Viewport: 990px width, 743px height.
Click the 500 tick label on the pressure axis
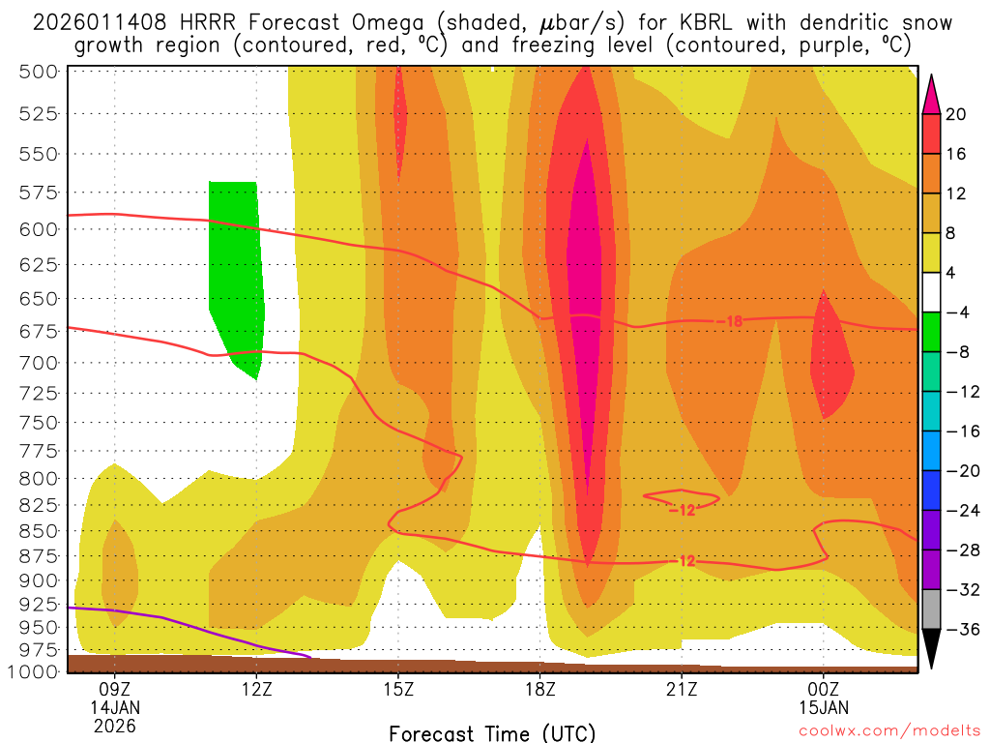pyautogui.click(x=40, y=71)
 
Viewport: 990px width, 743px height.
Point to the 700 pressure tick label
pyautogui.click(x=40, y=363)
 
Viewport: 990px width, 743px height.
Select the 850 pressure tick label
pyautogui.click(x=40, y=531)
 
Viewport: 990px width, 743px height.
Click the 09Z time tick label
pyautogui.click(x=115, y=690)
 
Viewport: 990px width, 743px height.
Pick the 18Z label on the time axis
pyautogui.click(x=540, y=690)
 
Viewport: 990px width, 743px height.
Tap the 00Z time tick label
pyautogui.click(x=824, y=690)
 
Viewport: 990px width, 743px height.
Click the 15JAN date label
pyautogui.click(x=824, y=707)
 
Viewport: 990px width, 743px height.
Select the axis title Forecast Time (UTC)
pyautogui.click(x=493, y=732)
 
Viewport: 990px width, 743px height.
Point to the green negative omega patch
pyautogui.click(x=236, y=271)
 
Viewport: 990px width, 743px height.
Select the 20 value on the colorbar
pyautogui.click(x=957, y=114)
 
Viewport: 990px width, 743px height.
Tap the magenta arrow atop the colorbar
pyautogui.click(x=931, y=93)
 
